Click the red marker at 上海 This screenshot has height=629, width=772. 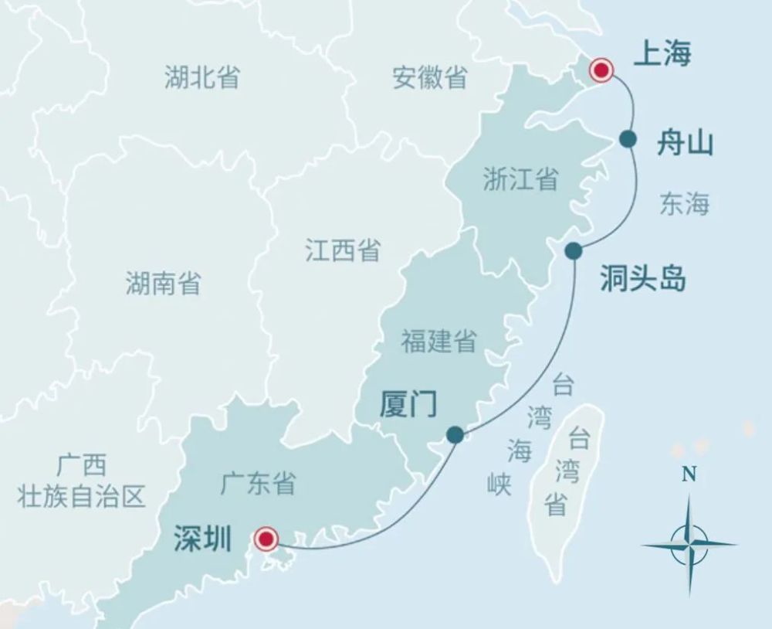[x=601, y=71]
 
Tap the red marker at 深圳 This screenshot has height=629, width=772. [x=266, y=539]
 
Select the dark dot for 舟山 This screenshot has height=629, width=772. [x=628, y=139]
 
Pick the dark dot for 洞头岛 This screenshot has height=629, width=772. [x=573, y=250]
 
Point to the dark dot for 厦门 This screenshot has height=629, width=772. [x=455, y=435]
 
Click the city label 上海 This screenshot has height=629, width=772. [x=662, y=54]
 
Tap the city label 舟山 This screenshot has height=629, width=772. [x=685, y=144]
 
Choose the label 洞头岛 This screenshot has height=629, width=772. [x=643, y=279]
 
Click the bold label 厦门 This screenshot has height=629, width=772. [x=408, y=404]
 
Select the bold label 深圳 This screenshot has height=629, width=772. [x=202, y=539]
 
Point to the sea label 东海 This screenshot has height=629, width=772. [x=684, y=204]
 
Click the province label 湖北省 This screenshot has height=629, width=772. [x=201, y=77]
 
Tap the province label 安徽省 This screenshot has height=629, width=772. [x=430, y=77]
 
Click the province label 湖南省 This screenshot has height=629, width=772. [x=163, y=284]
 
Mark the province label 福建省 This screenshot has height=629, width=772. [x=438, y=341]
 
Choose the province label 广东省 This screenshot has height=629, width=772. [x=258, y=484]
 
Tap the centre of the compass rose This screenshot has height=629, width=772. [x=689, y=543]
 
